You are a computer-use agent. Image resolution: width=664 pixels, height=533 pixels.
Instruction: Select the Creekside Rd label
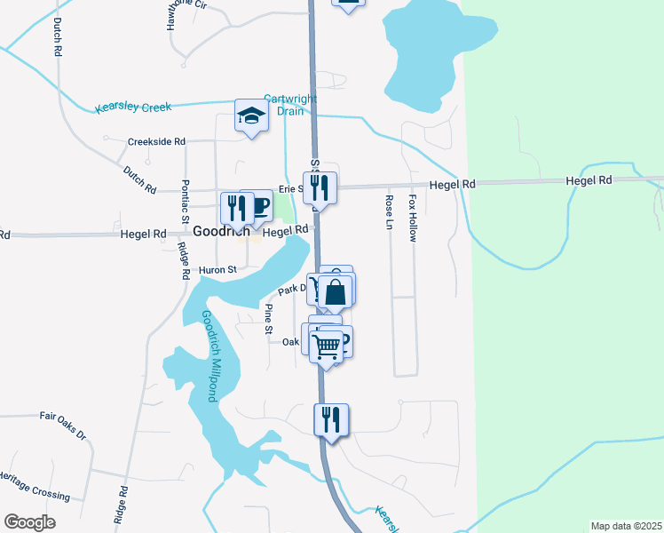tap(156, 141)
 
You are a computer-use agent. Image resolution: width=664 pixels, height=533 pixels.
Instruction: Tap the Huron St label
tap(218, 270)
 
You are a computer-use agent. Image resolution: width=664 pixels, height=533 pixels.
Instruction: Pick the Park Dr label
tap(292, 290)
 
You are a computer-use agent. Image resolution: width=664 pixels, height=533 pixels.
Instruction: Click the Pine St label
tap(269, 320)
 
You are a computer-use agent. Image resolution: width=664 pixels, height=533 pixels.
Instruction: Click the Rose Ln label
tap(389, 212)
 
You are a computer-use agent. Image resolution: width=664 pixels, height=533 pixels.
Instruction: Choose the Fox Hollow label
tap(412, 219)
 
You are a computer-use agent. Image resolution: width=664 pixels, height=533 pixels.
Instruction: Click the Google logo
tap(29, 521)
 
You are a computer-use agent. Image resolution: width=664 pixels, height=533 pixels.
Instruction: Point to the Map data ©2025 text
tap(625, 526)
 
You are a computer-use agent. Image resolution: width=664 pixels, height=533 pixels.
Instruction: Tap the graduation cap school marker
tap(251, 115)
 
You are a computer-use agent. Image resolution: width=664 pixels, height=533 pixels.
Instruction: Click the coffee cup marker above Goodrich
tap(258, 206)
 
